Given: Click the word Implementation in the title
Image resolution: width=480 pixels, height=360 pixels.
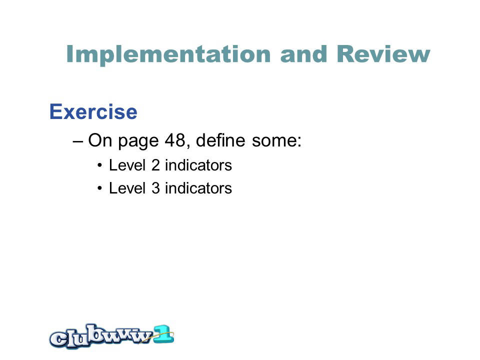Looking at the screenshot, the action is click(x=168, y=54).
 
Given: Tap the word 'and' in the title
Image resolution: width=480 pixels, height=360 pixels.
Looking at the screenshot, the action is click(x=303, y=54).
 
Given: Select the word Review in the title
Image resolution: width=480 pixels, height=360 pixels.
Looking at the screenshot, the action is click(x=383, y=54).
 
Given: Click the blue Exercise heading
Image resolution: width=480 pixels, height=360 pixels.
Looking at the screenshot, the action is click(x=93, y=111).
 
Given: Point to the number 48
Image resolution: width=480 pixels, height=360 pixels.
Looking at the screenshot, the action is click(x=175, y=140).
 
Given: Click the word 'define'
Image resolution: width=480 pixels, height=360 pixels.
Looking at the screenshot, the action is click(x=220, y=140).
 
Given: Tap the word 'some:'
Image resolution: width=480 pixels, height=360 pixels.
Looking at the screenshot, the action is click(x=276, y=140).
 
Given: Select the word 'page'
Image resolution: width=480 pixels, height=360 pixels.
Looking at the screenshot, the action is click(x=138, y=141).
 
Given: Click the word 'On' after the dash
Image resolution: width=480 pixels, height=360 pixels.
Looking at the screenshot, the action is click(x=100, y=140).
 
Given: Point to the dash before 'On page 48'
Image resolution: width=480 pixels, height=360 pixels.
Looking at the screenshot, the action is click(x=78, y=141).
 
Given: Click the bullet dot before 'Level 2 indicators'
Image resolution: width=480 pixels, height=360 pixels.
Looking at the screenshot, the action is click(x=99, y=166).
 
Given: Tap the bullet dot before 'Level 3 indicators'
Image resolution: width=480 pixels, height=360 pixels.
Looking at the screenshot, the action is click(x=99, y=188).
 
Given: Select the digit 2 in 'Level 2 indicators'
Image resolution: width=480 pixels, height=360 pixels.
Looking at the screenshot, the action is click(x=155, y=165).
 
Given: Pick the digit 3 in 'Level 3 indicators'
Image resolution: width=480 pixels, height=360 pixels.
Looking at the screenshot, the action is click(x=155, y=187).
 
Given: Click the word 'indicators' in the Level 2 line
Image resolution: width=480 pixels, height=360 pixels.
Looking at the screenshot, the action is click(x=198, y=165).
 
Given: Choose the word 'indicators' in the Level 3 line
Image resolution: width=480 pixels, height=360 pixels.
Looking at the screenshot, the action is click(x=198, y=187).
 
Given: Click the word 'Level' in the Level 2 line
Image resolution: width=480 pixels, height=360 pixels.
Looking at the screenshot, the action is click(x=127, y=165).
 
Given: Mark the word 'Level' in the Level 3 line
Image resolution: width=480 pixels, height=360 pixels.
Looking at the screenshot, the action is click(x=127, y=187).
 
